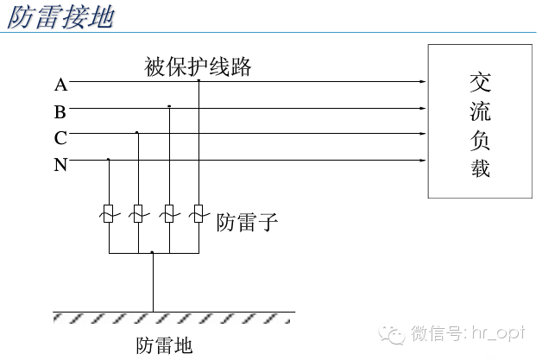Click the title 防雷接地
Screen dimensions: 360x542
pyautogui.click(x=60, y=18)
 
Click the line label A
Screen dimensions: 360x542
pyautogui.click(x=60, y=84)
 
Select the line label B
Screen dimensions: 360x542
pyautogui.click(x=60, y=111)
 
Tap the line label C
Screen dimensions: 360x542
pyautogui.click(x=60, y=137)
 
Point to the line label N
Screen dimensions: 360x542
pyautogui.click(x=60, y=164)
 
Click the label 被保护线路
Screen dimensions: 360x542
pyautogui.click(x=199, y=66)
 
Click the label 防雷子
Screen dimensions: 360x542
pyautogui.click(x=247, y=223)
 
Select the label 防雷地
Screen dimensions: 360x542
pyautogui.click(x=164, y=345)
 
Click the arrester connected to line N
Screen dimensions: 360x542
pyautogui.click(x=109, y=212)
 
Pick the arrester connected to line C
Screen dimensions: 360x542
pyautogui.click(x=137, y=212)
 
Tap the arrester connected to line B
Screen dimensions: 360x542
pyautogui.click(x=169, y=212)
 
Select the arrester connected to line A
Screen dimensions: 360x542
pyautogui.click(x=199, y=212)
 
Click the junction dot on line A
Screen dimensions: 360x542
pyautogui.click(x=199, y=81)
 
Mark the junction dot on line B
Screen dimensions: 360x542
pyautogui.click(x=169, y=107)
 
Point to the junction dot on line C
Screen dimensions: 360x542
pyautogui.click(x=137, y=133)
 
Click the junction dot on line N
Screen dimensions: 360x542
pyautogui.click(x=109, y=160)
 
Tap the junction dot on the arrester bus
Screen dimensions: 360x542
pyautogui.click(x=153, y=253)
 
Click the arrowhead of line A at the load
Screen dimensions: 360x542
pyautogui.click(x=423, y=83)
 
